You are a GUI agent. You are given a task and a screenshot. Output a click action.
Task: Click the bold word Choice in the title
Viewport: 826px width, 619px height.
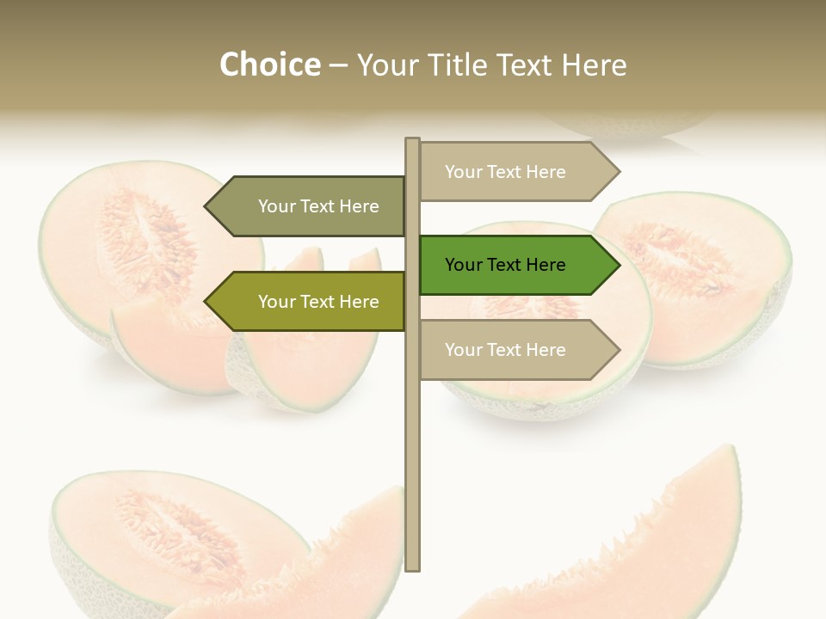pyautogui.click(x=269, y=65)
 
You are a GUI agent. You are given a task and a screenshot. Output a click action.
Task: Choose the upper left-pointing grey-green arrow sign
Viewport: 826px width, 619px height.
pyautogui.click(x=310, y=206)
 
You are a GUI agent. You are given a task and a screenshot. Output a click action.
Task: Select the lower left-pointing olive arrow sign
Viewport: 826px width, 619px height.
pyautogui.click(x=310, y=302)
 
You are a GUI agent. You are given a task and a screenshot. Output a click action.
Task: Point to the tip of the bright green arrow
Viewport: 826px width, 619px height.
pyautogui.click(x=618, y=265)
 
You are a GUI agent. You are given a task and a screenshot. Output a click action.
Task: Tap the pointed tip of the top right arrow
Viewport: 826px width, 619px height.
pyautogui.click(x=618, y=172)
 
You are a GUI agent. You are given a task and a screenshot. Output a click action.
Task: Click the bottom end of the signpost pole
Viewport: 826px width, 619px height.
pyautogui.click(x=413, y=567)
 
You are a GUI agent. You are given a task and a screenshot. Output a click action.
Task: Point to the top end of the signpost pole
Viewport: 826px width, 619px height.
pyautogui.click(x=413, y=141)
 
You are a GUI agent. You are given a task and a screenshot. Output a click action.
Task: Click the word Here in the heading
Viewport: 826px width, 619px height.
pyautogui.click(x=594, y=65)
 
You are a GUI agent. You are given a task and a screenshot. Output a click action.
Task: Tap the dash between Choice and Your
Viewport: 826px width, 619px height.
pyautogui.click(x=338, y=65)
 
